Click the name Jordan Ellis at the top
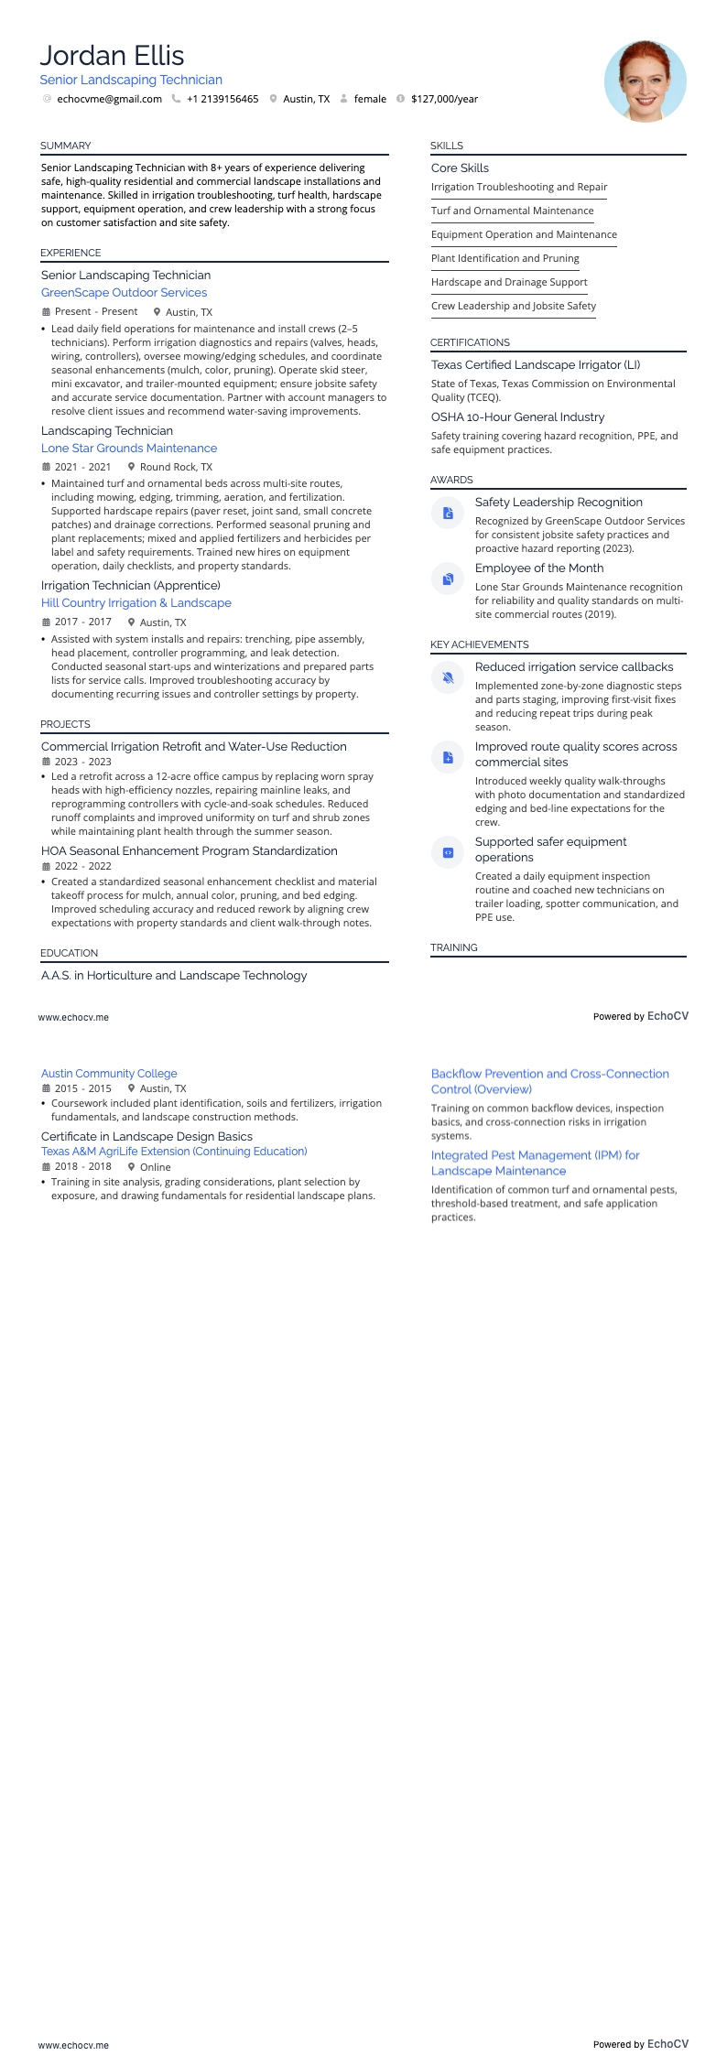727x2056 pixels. [x=112, y=56]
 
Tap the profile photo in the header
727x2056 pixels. [x=645, y=81]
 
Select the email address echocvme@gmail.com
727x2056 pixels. [x=109, y=99]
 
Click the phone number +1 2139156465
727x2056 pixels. [x=222, y=99]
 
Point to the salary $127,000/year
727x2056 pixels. [x=444, y=99]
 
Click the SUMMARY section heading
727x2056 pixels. [x=65, y=146]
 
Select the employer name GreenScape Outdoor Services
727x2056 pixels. [x=124, y=293]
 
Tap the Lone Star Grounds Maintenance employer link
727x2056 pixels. [x=129, y=449]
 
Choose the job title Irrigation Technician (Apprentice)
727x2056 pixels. [x=131, y=586]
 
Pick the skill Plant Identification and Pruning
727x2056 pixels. [x=505, y=258]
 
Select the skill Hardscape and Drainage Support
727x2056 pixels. [x=509, y=282]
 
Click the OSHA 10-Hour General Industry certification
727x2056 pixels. [x=517, y=417]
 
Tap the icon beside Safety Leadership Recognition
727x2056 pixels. [x=448, y=514]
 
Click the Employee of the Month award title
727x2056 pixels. [x=538, y=568]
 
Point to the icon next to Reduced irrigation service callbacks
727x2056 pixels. [x=448, y=678]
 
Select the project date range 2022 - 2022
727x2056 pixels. [x=82, y=866]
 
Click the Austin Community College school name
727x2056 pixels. [x=109, y=1074]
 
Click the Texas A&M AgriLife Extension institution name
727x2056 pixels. [x=174, y=1152]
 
